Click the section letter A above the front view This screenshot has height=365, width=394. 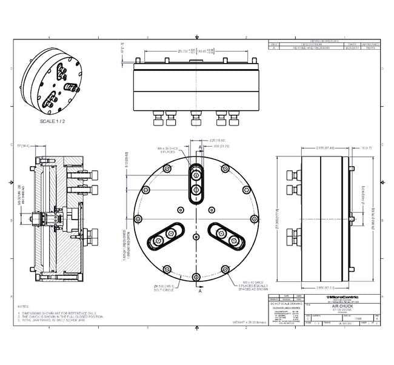point(200,147)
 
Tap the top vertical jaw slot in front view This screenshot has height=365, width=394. point(196,182)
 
